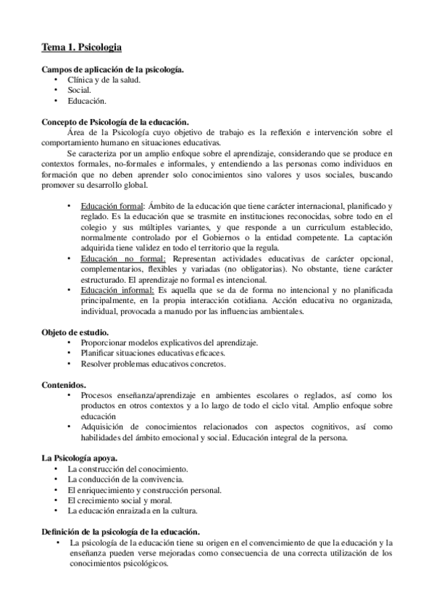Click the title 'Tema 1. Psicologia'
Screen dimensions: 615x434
(80, 47)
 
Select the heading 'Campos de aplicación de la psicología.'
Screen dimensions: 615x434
(112, 69)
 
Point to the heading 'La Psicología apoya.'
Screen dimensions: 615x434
(79, 458)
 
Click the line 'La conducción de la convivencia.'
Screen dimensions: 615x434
(125, 479)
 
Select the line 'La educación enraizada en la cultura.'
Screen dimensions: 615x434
(133, 511)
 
